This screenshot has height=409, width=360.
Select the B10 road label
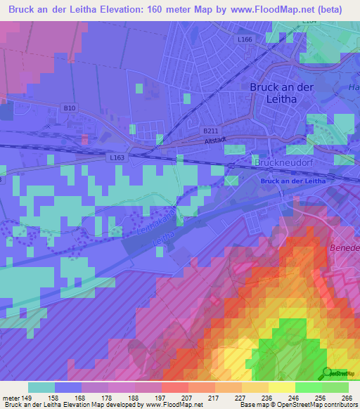coord(69,108)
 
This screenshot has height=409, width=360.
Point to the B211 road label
coord(210,131)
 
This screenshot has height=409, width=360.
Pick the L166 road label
coord(245,39)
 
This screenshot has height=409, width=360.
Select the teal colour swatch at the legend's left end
coord(41,387)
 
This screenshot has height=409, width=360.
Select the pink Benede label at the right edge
coord(345,248)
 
